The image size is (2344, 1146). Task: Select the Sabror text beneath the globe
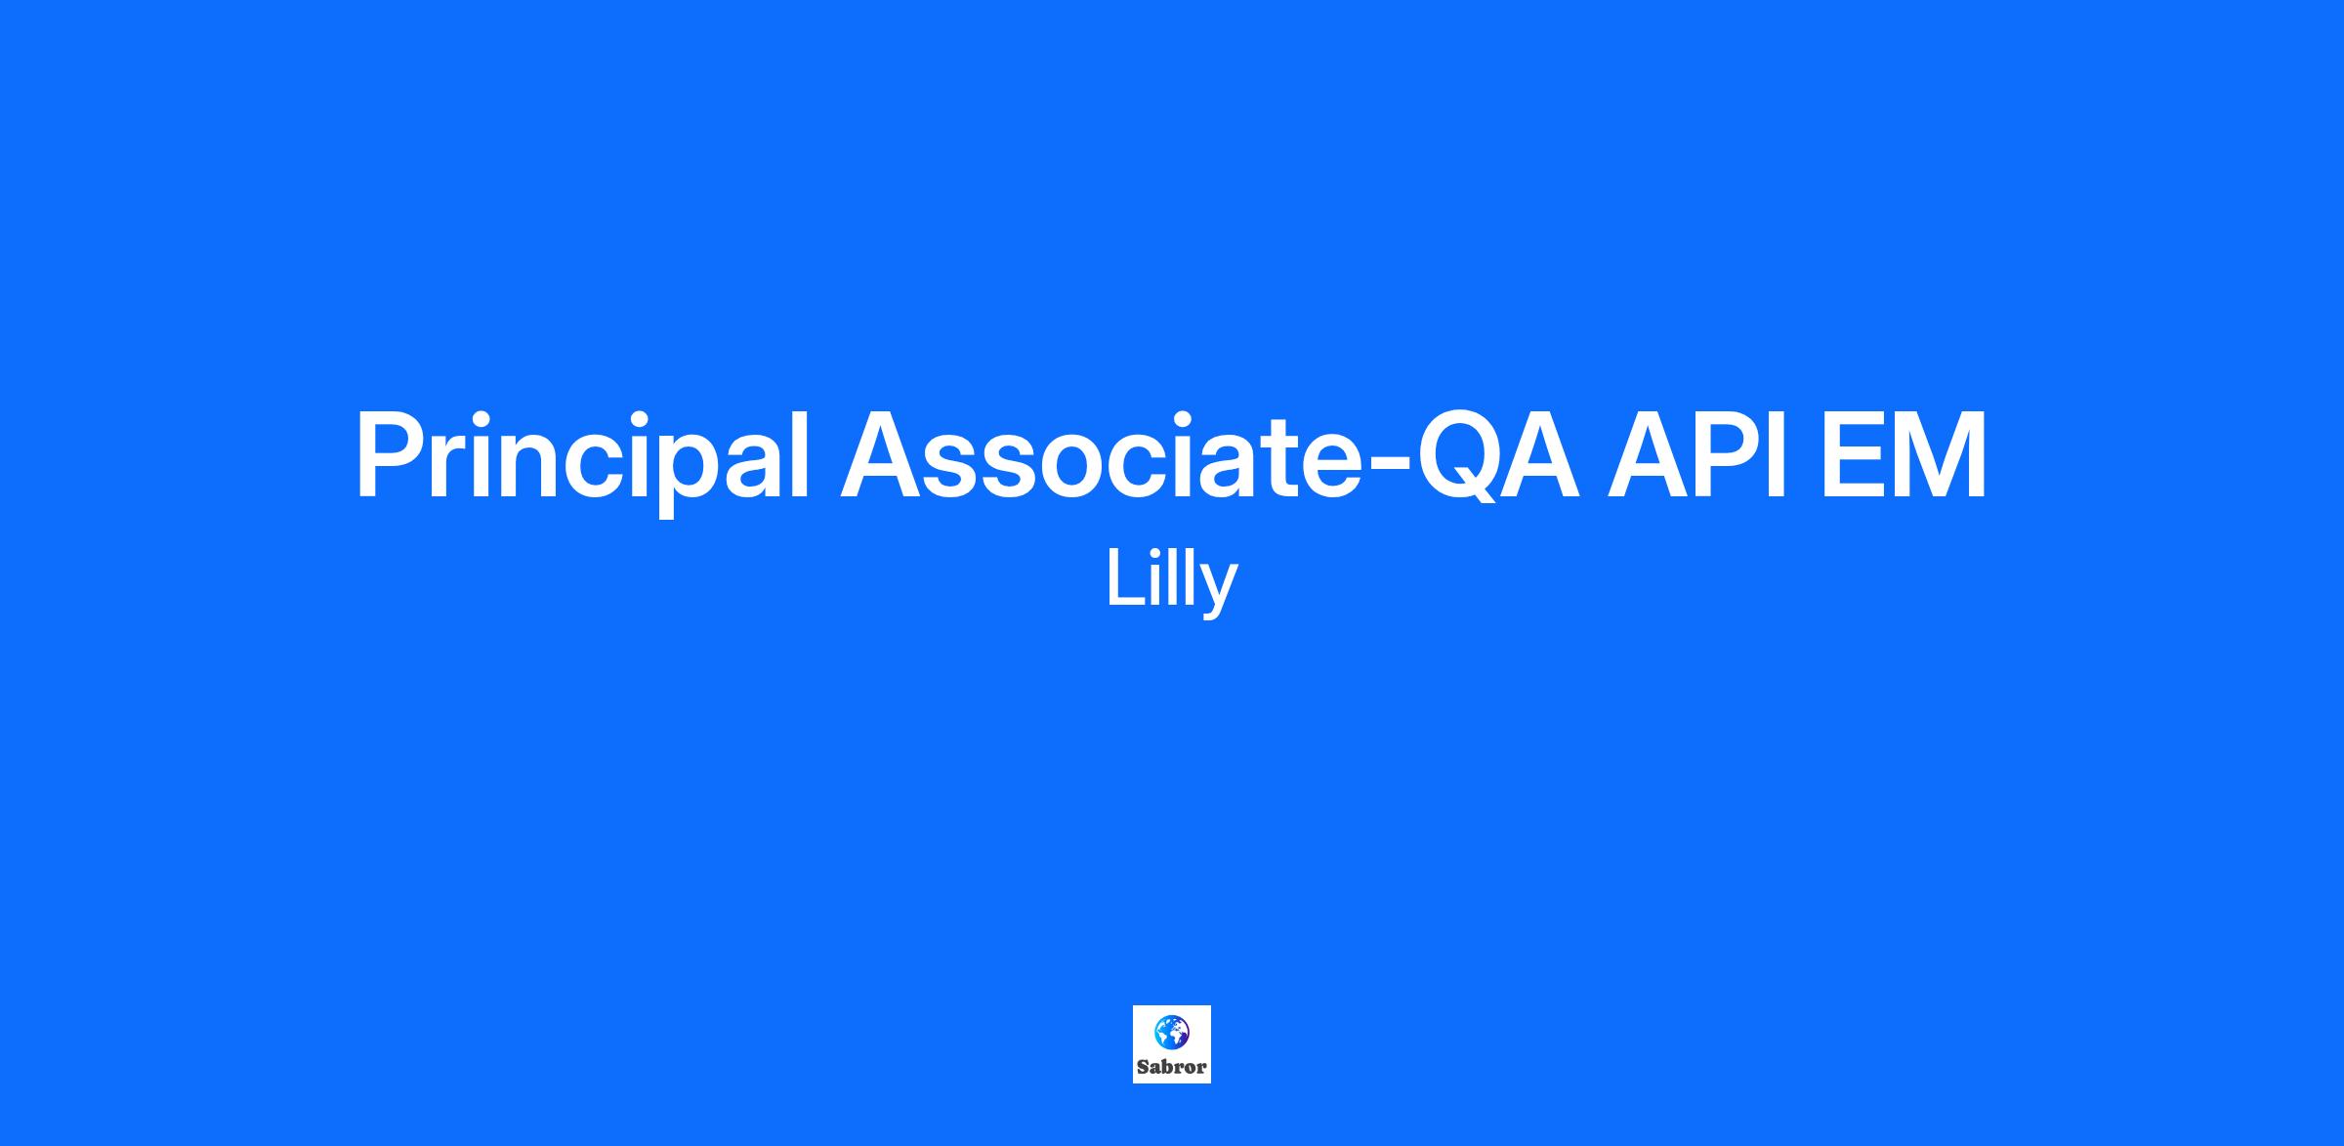coord(1172,1067)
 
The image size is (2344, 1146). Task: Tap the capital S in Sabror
coord(1143,1067)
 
